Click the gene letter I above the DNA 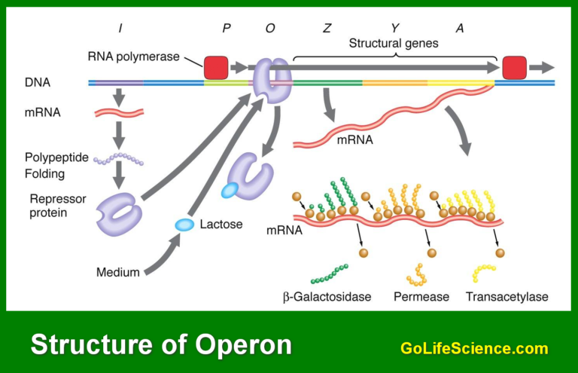coord(120,29)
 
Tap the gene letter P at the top coord(226,29)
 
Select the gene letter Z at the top coord(327,29)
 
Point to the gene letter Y coord(394,29)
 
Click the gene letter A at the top coord(460,29)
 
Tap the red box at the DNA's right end coord(515,67)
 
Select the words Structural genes coord(393,44)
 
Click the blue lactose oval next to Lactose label coord(184,224)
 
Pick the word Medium coord(118,272)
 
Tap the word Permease coord(421,297)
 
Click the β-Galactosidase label coord(327,297)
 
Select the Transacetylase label coord(507,297)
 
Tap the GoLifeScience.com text coord(474,348)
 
